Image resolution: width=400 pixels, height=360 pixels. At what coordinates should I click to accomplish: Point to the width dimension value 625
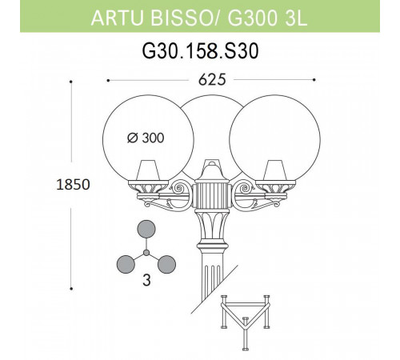click(x=210, y=80)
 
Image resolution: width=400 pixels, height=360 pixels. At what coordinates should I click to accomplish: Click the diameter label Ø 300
click(x=146, y=138)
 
